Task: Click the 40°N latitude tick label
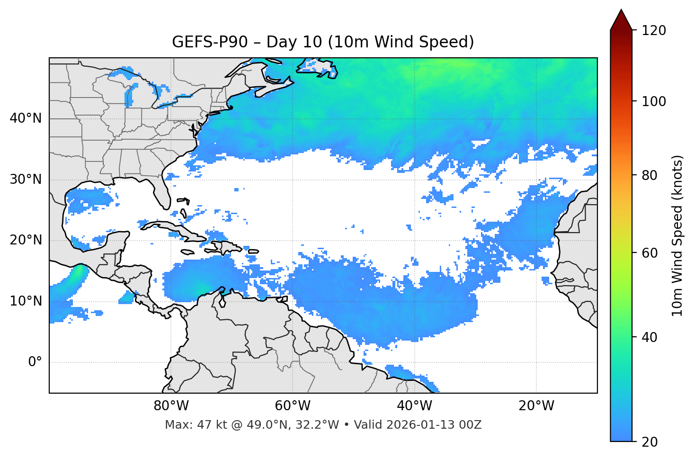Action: tap(26, 118)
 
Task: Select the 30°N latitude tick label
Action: tap(26, 180)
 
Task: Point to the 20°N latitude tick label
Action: tap(26, 240)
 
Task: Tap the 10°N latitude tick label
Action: tap(26, 301)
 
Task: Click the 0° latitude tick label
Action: tap(35, 362)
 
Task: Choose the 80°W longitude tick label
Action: tap(171, 406)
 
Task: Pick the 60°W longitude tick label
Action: tap(293, 406)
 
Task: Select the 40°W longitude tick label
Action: tap(414, 406)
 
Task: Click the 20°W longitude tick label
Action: tap(536, 406)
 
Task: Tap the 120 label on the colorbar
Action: tap(654, 31)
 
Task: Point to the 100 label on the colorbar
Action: tap(654, 101)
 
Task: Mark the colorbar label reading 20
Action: tap(650, 442)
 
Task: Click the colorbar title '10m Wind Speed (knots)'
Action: tap(677, 235)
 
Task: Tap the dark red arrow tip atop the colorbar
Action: tap(621, 18)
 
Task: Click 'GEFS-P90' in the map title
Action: tap(210, 42)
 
